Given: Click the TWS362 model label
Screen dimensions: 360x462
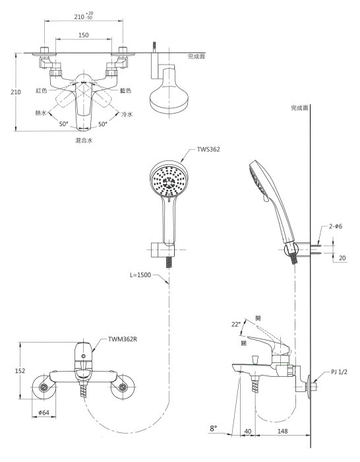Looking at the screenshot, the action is (208, 149).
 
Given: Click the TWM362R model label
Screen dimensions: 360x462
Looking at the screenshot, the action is (122, 339).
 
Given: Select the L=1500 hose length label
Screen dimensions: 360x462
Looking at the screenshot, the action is (140, 275).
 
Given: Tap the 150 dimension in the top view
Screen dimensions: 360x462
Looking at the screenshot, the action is (84, 35).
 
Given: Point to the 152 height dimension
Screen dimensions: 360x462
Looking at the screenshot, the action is (20, 371).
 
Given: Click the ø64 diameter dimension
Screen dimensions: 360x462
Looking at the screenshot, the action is (44, 412).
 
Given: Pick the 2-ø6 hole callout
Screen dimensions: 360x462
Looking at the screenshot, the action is (336, 226).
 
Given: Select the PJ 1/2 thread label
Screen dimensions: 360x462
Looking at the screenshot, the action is (339, 372).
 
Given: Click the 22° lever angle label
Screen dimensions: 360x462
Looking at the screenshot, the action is (236, 324).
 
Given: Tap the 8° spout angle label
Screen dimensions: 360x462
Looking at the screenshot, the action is (214, 428).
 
